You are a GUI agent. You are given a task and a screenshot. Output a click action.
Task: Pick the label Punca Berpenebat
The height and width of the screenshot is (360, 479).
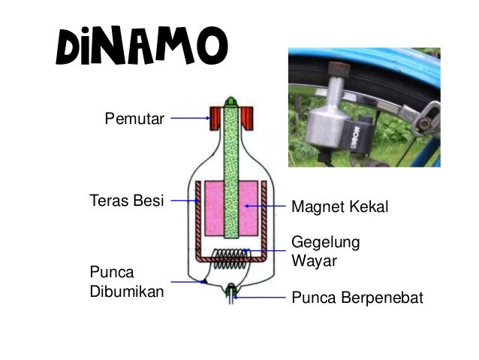[x=356, y=298]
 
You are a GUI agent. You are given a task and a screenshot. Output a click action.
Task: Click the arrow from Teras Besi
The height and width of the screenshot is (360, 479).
[x=185, y=201]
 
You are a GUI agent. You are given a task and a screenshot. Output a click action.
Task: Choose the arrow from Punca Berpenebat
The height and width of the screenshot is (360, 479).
[x=260, y=298]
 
